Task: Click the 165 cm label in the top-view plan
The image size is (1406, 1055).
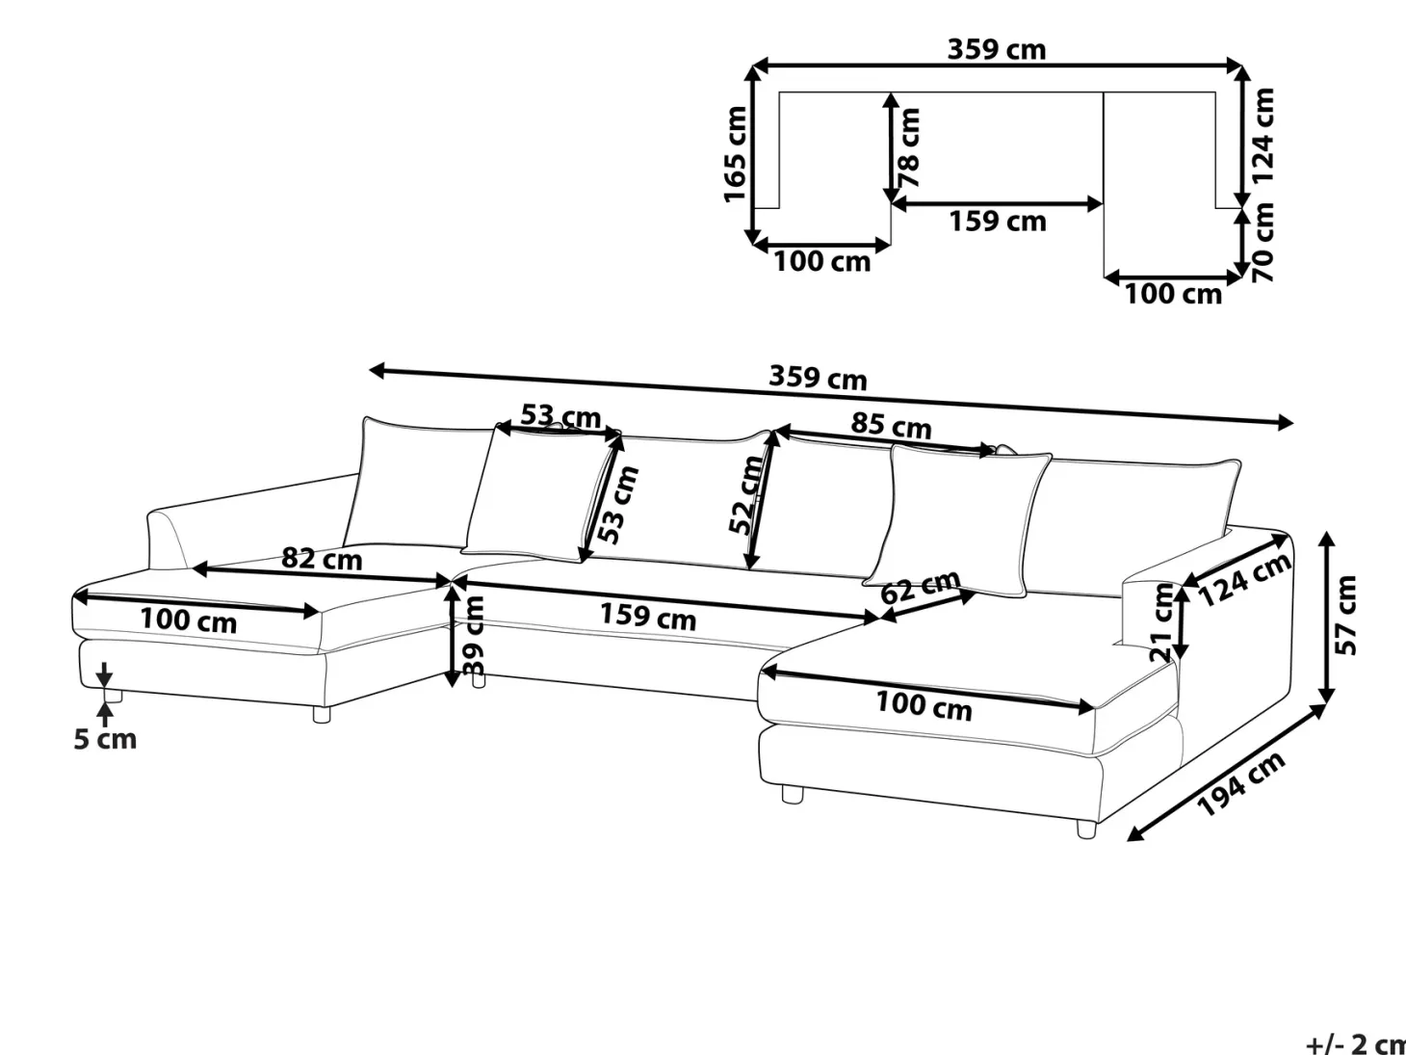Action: [x=736, y=154]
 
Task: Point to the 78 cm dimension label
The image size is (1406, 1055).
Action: [x=909, y=147]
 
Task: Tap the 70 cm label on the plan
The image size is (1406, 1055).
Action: [x=1263, y=242]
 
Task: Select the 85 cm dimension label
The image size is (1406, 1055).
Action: [x=891, y=425]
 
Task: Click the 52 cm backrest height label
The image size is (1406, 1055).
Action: [x=745, y=494]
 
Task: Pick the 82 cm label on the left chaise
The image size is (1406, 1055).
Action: [x=322, y=559]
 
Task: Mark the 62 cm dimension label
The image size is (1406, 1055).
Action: [x=920, y=587]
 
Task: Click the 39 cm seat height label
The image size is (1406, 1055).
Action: [x=473, y=636]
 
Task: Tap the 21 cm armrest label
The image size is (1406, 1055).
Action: [x=1161, y=622]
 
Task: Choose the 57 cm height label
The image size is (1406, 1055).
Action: [x=1345, y=616]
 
